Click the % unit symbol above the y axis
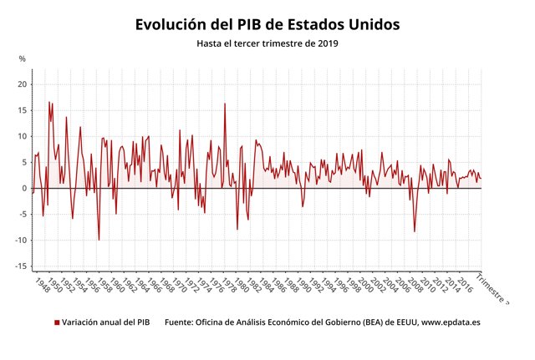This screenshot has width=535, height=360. (x=23, y=58)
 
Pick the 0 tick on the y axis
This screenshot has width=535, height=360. (x=25, y=188)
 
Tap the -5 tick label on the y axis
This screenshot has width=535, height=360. (x=23, y=215)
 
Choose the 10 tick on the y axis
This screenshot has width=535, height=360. (x=23, y=136)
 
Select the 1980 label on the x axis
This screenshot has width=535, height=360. (x=240, y=284)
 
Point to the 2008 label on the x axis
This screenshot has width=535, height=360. (x=411, y=284)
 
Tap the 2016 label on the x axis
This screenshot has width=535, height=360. (x=460, y=284)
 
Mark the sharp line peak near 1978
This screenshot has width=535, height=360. (x=224, y=104)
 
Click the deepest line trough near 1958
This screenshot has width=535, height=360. (x=99, y=240)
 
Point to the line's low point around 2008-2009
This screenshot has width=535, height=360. (x=415, y=231)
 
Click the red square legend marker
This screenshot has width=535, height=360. (x=57, y=322)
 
